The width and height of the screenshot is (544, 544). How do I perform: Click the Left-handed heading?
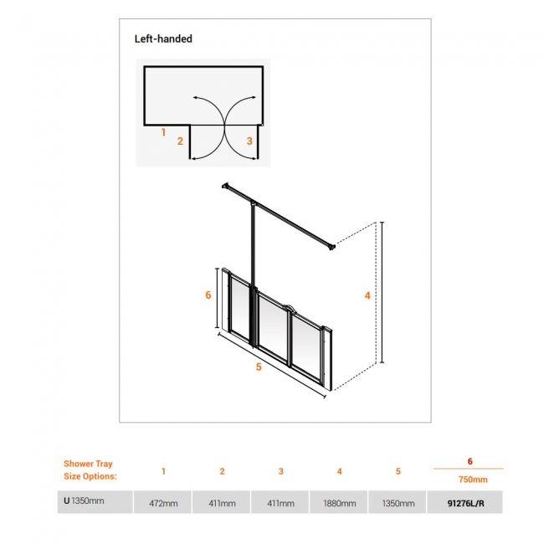pyautogui.click(x=163, y=38)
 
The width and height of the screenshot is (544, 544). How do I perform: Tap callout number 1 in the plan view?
pyautogui.click(x=163, y=132)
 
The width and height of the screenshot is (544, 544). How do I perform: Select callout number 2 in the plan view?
pyautogui.click(x=180, y=141)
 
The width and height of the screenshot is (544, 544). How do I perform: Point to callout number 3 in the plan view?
pyautogui.click(x=249, y=141)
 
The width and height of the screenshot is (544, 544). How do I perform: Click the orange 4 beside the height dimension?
pyautogui.click(x=367, y=295)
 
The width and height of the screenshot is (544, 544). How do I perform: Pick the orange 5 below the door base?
pyautogui.click(x=259, y=367)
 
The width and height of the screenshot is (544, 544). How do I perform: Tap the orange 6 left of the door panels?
pyautogui.click(x=208, y=295)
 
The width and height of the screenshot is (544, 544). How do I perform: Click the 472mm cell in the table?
pyautogui.click(x=163, y=503)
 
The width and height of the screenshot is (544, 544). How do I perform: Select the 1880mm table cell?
pyautogui.click(x=340, y=503)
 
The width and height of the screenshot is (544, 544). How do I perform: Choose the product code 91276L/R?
pyautogui.click(x=465, y=503)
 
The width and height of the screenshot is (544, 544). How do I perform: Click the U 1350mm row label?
pyautogui.click(x=84, y=500)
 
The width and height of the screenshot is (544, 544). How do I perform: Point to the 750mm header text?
pyautogui.click(x=473, y=480)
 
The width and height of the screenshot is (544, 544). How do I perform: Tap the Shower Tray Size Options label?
pyautogui.click(x=90, y=470)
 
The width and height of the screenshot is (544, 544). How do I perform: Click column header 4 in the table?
pyautogui.click(x=339, y=471)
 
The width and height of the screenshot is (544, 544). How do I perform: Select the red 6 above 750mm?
pyautogui.click(x=470, y=461)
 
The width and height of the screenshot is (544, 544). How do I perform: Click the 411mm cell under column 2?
pyautogui.click(x=222, y=503)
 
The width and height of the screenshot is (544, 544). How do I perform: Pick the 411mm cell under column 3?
pyautogui.click(x=280, y=503)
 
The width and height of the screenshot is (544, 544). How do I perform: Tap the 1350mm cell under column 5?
pyautogui.click(x=398, y=503)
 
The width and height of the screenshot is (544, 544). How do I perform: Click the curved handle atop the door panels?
pyautogui.click(x=289, y=306)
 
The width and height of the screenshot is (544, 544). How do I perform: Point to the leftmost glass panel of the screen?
pyautogui.click(x=240, y=307)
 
